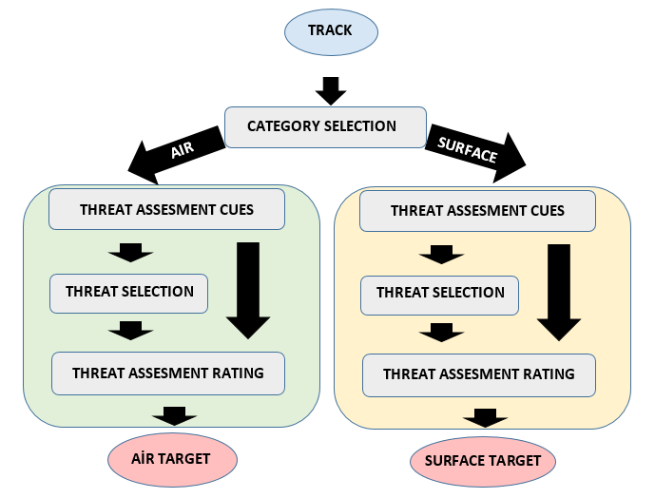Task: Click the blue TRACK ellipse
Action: pos(331,31)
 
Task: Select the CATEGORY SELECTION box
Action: pos(321,126)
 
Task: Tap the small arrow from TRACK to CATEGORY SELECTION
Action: pos(330,90)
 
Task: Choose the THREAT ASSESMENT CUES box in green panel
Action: pos(166,209)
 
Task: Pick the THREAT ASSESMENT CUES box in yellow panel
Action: pos(477,211)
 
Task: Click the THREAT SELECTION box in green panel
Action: pos(129,293)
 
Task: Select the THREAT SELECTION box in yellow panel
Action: pos(440,294)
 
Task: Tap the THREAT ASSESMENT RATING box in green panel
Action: pos(168,373)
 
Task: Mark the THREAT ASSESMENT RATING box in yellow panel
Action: pos(479,374)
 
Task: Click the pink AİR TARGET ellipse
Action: pos(172,459)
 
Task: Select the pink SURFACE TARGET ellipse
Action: pos(483,461)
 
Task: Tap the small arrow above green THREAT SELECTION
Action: pos(130,253)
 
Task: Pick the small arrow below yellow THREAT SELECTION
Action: pos(441,333)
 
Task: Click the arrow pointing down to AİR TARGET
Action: pos(174,415)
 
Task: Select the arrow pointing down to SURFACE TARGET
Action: pos(485,417)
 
